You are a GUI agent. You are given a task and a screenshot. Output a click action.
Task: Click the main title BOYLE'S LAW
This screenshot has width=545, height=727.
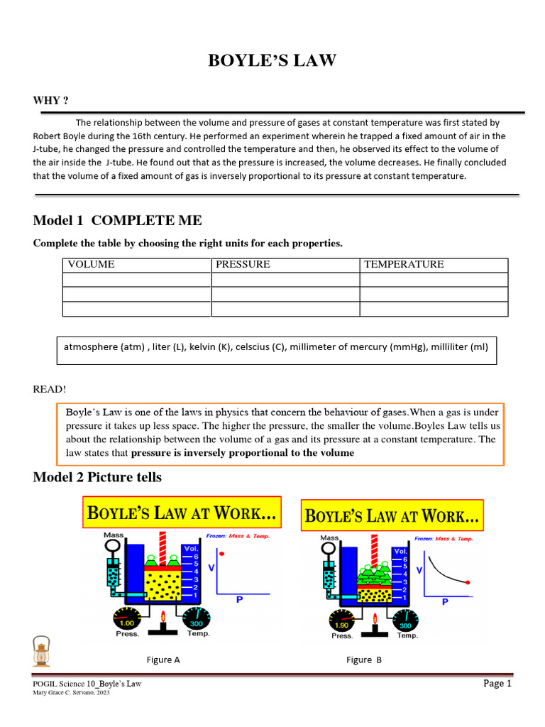pos(272,61)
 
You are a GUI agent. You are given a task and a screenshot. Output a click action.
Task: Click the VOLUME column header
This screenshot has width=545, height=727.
pos(91,264)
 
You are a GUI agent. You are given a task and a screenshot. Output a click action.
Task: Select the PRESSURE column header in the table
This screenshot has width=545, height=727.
pos(243,264)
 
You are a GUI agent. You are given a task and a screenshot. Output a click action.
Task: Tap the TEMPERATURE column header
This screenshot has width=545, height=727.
pos(404,264)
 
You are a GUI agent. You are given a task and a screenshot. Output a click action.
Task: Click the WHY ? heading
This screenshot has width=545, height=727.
pos(50,100)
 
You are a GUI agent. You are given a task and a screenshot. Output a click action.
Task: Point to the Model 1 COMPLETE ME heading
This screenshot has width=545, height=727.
pos(117,220)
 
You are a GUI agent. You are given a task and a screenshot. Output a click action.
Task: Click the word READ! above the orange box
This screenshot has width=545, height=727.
pos(50,389)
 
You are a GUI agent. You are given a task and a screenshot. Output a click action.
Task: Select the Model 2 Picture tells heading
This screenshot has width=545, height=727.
pos(97,477)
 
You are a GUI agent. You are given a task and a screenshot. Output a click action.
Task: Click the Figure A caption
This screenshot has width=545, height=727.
pos(163,660)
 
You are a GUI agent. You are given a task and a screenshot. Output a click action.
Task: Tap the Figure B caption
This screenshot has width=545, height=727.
pos(364,660)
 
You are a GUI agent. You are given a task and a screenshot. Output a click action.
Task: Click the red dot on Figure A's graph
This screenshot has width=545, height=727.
pos(222,553)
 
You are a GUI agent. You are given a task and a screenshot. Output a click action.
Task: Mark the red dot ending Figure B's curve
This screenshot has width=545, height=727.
pos(467,582)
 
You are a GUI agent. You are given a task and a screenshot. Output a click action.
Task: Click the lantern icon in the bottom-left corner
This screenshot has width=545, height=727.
pos(41,652)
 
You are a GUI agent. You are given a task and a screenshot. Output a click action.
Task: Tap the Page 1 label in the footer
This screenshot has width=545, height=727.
pos(497,683)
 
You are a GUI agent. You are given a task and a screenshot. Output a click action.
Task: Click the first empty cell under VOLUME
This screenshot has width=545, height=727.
pos(137,279)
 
